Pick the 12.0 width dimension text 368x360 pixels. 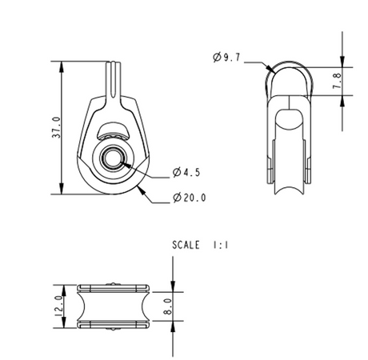[57, 306]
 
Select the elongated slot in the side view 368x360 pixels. [285, 132]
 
